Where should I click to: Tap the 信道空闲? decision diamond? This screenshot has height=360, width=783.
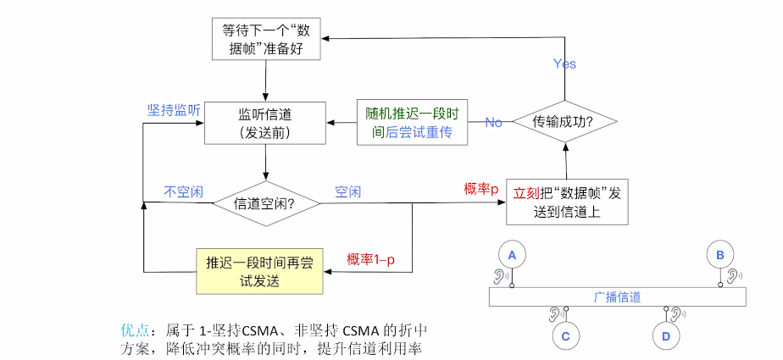click(x=266, y=203)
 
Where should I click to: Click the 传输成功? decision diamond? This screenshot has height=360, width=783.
click(x=563, y=122)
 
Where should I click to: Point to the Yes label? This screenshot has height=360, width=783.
click(x=564, y=64)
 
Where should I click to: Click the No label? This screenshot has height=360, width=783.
click(x=493, y=123)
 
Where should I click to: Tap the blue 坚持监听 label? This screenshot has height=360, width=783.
click(x=174, y=111)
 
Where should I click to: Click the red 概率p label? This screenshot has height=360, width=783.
click(x=480, y=188)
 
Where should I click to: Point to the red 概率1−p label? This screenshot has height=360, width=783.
click(x=370, y=258)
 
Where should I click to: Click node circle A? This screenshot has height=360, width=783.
click(x=511, y=253)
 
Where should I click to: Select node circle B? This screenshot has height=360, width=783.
click(x=720, y=253)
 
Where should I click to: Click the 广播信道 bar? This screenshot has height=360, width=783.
click(x=617, y=296)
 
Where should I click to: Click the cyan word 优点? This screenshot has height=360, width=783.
click(x=134, y=329)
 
